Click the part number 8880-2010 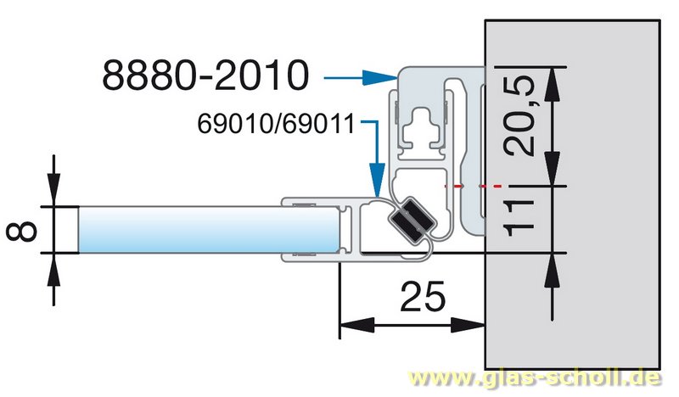click(204, 75)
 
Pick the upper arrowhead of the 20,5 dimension click(553, 79)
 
